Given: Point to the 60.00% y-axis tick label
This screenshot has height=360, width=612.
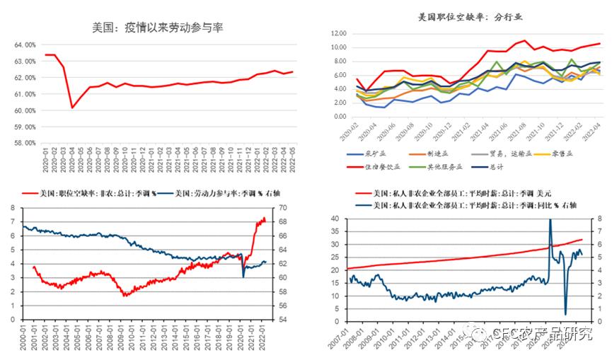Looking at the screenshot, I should point(23,110).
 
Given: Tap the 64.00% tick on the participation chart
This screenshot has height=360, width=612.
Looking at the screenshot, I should point(23,45).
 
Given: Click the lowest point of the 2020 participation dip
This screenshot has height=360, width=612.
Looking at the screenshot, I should point(72,108).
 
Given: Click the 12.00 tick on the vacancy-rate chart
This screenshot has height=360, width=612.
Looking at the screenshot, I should point(337,33).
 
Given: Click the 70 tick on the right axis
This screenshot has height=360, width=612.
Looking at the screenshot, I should point(282,208).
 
